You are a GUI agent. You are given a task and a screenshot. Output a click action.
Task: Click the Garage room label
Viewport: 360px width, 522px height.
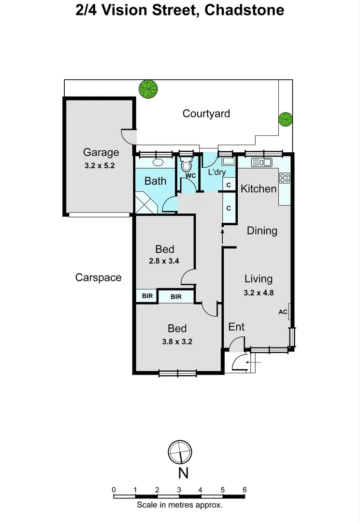pyautogui.click(x=101, y=153)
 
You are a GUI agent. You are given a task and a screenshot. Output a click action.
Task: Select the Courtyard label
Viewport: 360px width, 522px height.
pyautogui.click(x=206, y=114)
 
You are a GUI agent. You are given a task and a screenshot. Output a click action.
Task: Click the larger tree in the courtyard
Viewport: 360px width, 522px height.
pyautogui.click(x=148, y=89)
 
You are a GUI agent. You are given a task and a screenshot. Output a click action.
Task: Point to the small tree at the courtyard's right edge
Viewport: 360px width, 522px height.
pyautogui.click(x=286, y=119)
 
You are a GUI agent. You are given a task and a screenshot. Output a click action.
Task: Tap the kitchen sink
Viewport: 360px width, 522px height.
pyautogui.click(x=261, y=162)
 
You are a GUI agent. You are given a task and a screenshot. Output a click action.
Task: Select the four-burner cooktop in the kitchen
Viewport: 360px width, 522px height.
pyautogui.click(x=285, y=178)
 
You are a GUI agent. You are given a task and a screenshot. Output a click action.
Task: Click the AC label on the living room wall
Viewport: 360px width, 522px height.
pyautogui.click(x=283, y=312)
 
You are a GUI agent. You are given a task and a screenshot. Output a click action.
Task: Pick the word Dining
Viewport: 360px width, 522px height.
pyautogui.click(x=262, y=231)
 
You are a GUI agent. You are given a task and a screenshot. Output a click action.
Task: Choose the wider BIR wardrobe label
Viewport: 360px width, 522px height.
pyautogui.click(x=176, y=297)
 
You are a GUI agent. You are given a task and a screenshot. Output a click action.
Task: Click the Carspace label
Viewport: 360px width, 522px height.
pyautogui.click(x=98, y=277)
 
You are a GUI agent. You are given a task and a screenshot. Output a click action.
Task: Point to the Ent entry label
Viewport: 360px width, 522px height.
pyautogui.click(x=236, y=327)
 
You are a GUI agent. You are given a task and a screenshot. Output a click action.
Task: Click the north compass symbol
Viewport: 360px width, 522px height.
pyautogui.click(x=180, y=452)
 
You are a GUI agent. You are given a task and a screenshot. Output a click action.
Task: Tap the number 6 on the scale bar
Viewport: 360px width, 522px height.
pyautogui.click(x=245, y=490)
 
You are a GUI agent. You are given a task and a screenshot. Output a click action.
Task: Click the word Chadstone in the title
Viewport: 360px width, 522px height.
pyautogui.click(x=244, y=10)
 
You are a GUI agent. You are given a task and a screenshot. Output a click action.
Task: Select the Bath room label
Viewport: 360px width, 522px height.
pyautogui.click(x=156, y=181)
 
